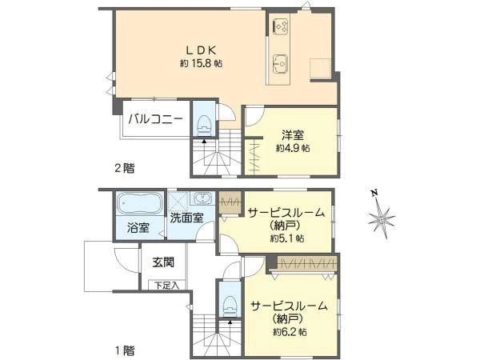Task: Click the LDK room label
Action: click(202, 50)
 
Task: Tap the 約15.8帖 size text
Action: click(202, 63)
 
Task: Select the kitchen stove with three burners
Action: click(281, 26)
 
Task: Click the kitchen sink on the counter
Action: click(280, 64)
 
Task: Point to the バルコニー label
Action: click(155, 118)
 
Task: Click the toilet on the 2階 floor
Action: click(204, 125)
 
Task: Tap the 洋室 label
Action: click(293, 135)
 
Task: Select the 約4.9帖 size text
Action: click(293, 149)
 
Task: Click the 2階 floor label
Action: click(125, 168)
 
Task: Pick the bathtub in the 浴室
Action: click(140, 203)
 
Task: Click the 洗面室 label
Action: click(186, 218)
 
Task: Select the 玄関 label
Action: click(164, 262)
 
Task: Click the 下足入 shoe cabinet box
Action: click(167, 285)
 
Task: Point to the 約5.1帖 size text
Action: click(287, 238)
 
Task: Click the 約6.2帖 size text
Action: click(290, 331)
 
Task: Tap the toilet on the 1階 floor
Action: click(230, 306)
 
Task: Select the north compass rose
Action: click(381, 215)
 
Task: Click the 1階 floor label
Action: click(125, 350)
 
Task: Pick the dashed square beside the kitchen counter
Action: click(321, 68)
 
